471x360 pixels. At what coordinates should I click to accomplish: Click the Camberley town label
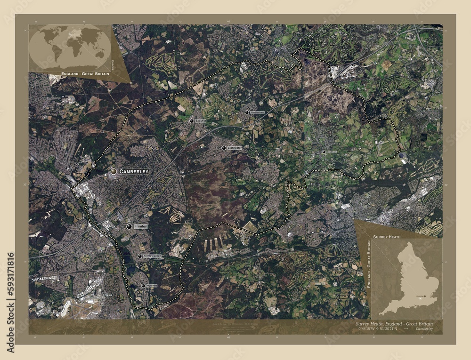pos(134,172)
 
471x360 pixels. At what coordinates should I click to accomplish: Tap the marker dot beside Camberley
pos(114,172)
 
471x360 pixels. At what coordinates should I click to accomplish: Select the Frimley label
pos(140,226)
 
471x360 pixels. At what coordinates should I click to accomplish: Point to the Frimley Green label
pos(152,256)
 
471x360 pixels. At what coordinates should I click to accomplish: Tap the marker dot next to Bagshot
pos(192,121)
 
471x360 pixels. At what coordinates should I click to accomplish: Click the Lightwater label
pos(235,148)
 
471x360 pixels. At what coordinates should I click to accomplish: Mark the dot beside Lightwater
pos(224,148)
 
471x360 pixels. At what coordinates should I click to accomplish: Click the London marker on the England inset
pos(425,296)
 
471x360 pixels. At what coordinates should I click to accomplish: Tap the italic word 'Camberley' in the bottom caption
pos(425,329)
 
